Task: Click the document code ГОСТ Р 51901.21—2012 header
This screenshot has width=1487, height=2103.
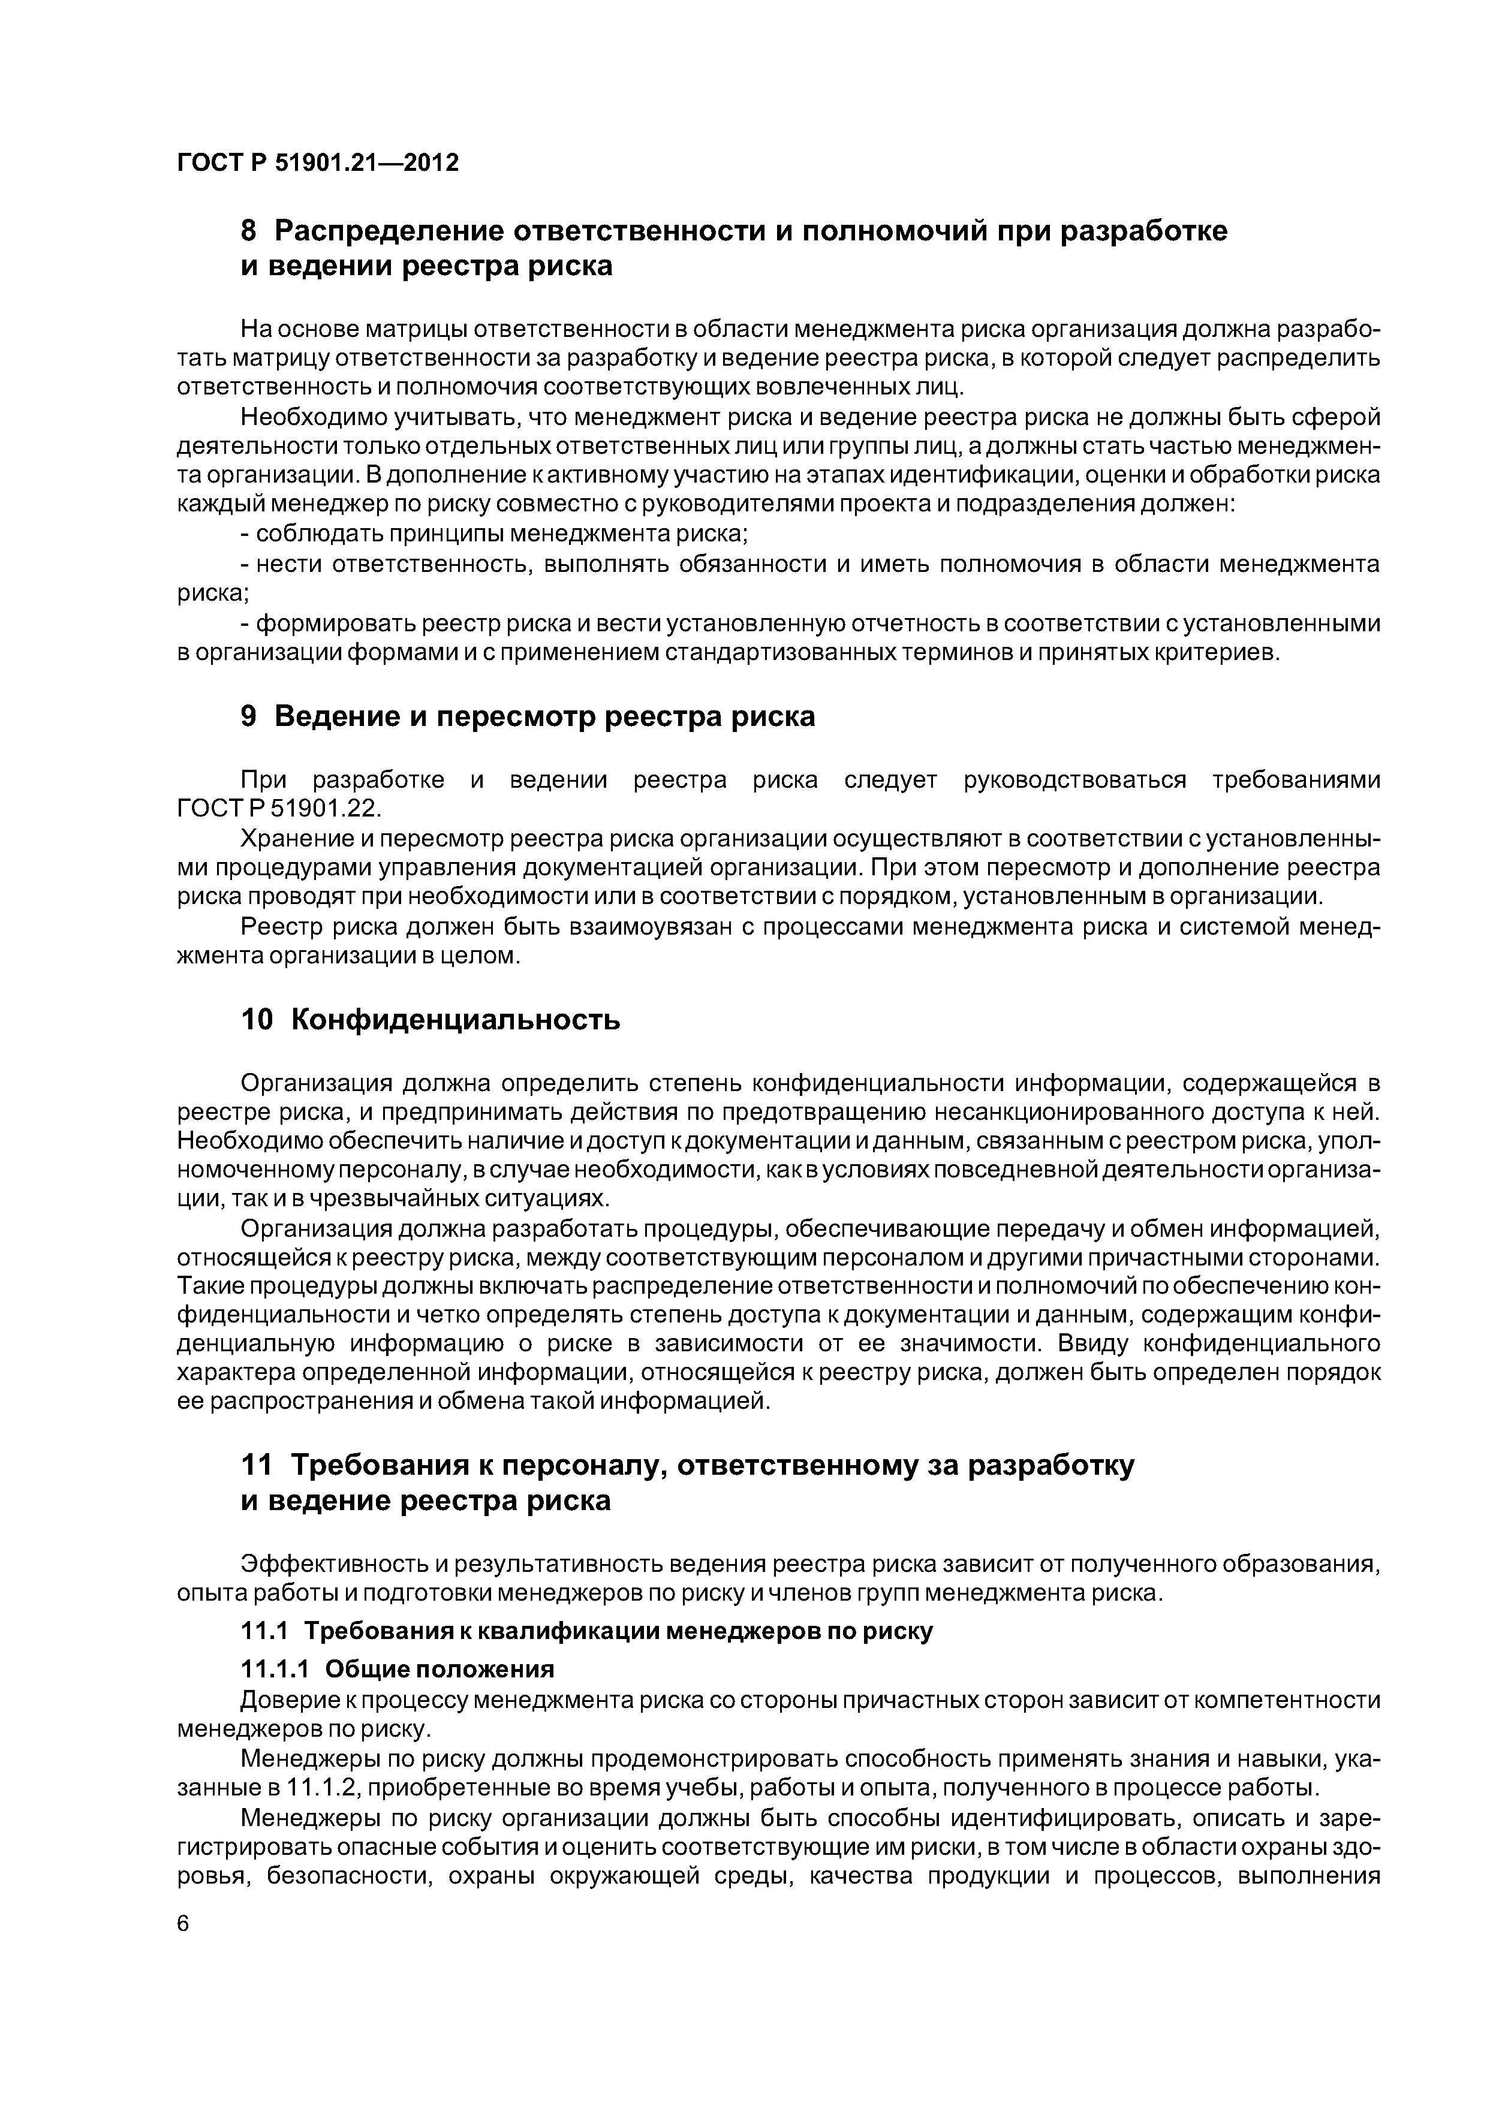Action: tap(317, 163)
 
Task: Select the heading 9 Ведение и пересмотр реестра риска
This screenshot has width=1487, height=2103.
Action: tap(527, 716)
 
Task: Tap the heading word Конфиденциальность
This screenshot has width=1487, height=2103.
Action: tap(455, 1020)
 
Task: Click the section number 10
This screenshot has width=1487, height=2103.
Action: tap(257, 1020)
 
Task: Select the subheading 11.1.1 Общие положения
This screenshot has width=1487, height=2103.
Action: tap(398, 1668)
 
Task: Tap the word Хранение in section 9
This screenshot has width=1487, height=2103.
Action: tap(298, 839)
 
